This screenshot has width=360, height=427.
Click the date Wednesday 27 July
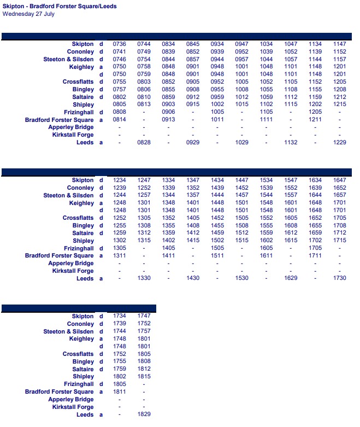coord(28,14)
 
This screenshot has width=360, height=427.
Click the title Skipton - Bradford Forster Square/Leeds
coord(60,7)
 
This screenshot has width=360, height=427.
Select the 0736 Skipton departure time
coord(120,44)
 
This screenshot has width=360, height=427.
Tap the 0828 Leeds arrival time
coord(144,142)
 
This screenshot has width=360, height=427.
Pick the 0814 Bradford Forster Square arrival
coord(120,119)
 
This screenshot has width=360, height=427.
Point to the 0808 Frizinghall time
coord(120,112)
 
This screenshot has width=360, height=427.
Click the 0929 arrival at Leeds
coord(193,142)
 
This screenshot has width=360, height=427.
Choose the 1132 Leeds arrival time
coord(291,142)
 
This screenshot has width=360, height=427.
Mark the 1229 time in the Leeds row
coord(340,142)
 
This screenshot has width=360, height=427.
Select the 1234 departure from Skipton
coord(120,180)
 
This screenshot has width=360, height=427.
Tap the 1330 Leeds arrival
coord(144,279)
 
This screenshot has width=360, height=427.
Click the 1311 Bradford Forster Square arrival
coord(120,256)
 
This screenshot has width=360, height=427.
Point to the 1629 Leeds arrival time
coord(291,279)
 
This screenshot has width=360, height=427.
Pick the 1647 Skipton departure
coord(340,180)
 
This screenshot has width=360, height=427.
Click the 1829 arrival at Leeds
coord(144,415)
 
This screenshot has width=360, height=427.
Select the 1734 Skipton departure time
coord(120,316)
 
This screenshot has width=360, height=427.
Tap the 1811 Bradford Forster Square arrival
coord(120,392)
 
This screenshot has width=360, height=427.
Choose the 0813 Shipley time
coord(144,104)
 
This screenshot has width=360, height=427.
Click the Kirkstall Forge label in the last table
coord(73,407)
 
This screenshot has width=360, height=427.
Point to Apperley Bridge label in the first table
coord(71,127)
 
